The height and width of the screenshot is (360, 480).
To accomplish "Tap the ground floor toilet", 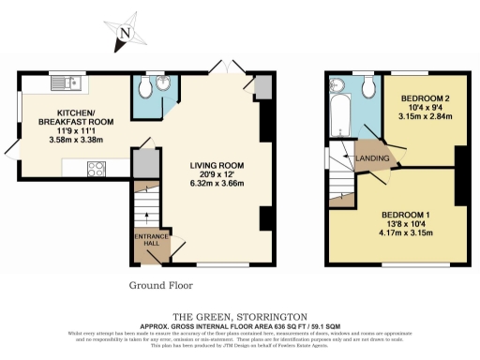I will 142,88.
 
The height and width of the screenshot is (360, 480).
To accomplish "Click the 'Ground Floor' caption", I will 155,284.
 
